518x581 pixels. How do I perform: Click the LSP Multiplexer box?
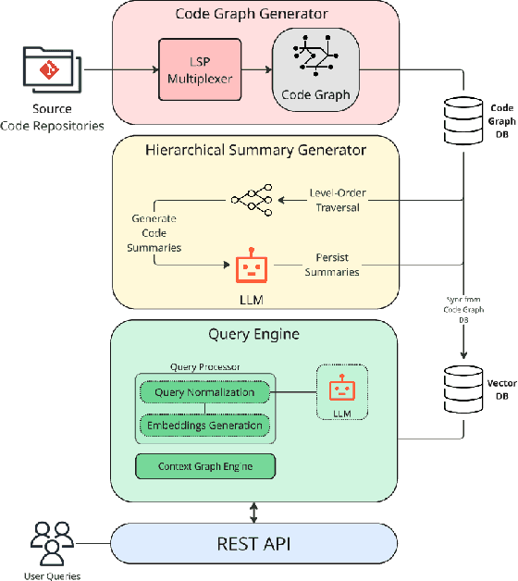pyautogui.click(x=199, y=70)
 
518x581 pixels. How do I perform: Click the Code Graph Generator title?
pyautogui.click(x=253, y=15)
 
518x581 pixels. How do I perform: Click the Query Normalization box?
pyautogui.click(x=204, y=392)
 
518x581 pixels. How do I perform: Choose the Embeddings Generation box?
pyautogui.click(x=204, y=425)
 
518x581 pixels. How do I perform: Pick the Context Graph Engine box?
pyautogui.click(x=204, y=465)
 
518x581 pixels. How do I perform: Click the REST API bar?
pyautogui.click(x=253, y=543)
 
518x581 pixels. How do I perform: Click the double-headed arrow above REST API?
pyautogui.click(x=253, y=510)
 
